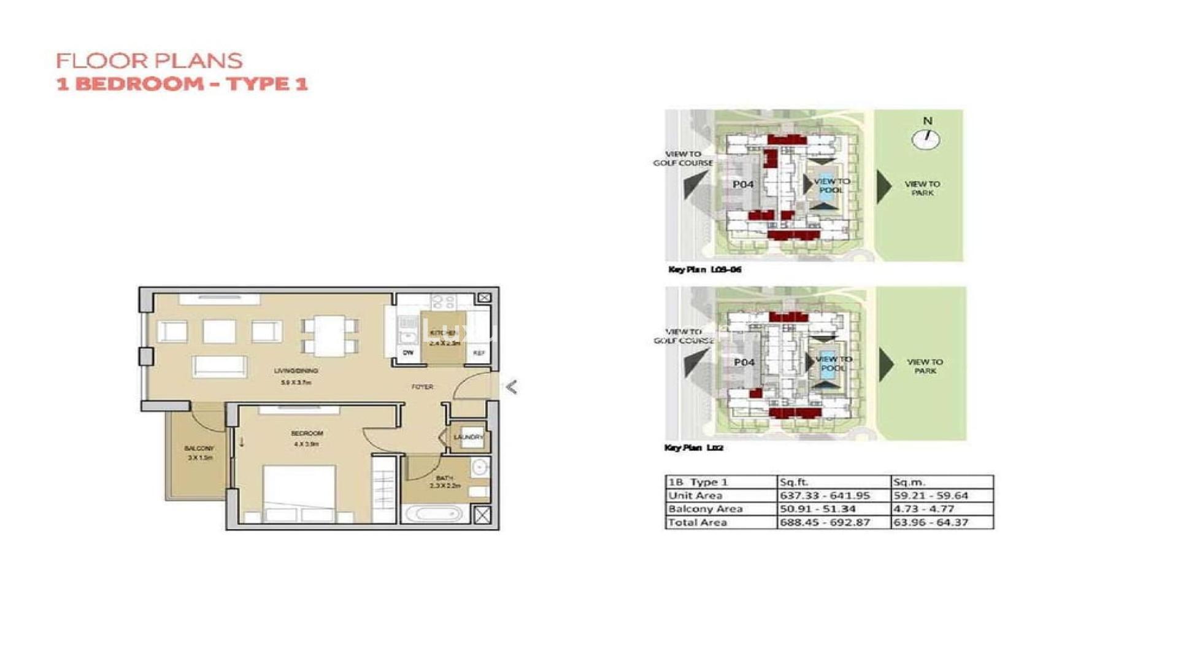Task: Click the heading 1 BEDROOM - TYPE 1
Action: tap(182, 83)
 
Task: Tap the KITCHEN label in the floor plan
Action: tap(444, 333)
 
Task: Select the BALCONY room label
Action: tap(199, 448)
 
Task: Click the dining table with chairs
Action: tap(330, 335)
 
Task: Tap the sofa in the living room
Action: tap(220, 366)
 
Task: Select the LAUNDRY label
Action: tap(468, 437)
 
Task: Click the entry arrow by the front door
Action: tap(511, 387)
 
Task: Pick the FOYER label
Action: tap(422, 387)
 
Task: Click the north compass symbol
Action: tap(925, 139)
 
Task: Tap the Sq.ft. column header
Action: tap(794, 482)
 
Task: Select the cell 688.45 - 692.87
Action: tap(825, 522)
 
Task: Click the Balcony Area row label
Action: tap(705, 509)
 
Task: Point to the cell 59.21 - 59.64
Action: tap(931, 495)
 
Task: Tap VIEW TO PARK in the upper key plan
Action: tap(922, 188)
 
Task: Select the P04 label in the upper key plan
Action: tap(743, 184)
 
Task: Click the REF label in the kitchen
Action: tap(479, 353)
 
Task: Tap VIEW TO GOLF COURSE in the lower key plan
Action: tap(683, 336)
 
